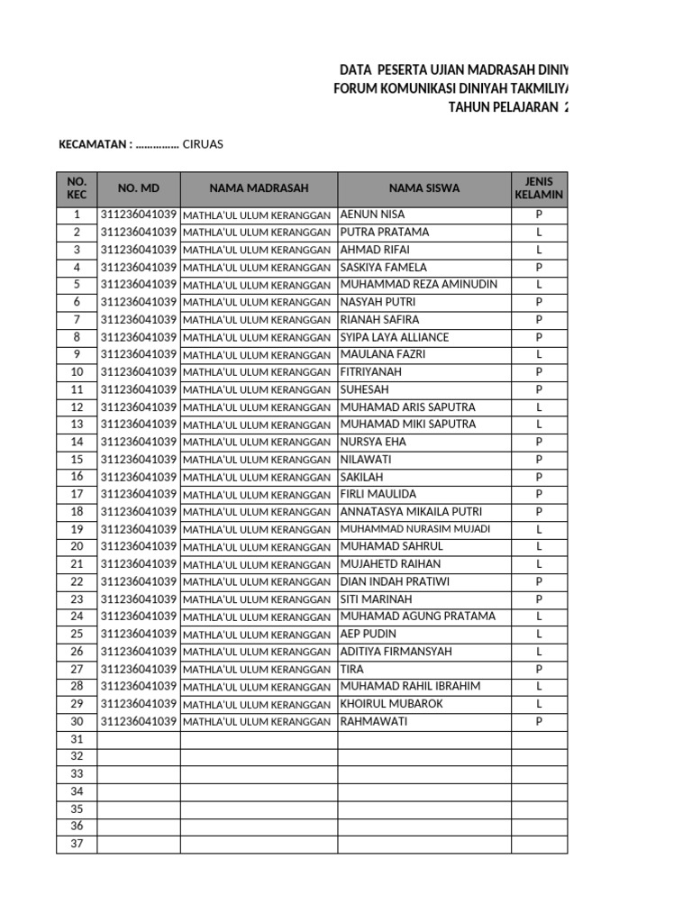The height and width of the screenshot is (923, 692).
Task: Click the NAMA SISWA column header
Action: click(424, 188)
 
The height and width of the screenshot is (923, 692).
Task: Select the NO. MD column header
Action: click(138, 188)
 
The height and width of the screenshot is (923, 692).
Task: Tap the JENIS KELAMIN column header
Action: click(539, 188)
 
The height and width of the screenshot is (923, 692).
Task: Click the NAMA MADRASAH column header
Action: click(259, 188)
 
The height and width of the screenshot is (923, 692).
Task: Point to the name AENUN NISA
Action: click(372, 215)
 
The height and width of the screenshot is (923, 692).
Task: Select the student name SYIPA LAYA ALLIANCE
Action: click(394, 337)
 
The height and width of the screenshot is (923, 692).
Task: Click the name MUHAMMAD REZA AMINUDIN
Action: click(418, 285)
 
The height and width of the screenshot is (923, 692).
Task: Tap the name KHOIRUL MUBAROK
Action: click(391, 704)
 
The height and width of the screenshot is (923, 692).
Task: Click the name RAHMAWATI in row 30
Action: click(374, 722)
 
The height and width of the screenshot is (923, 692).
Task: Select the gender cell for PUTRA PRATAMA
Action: click(539, 233)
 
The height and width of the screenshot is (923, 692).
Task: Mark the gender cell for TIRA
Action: click(539, 670)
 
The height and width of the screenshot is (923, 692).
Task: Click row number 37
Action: click(77, 845)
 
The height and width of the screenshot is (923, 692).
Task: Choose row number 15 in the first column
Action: click(77, 460)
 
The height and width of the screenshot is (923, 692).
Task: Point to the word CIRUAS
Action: click(203, 144)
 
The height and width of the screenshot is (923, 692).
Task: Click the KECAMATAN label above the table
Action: click(95, 144)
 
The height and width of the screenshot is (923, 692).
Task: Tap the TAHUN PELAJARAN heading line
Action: click(508, 107)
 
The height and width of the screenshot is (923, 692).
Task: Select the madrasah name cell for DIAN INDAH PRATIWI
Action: click(259, 582)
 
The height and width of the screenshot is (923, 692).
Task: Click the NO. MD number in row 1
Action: click(138, 215)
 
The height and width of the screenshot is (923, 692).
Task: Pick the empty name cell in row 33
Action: click(424, 774)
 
